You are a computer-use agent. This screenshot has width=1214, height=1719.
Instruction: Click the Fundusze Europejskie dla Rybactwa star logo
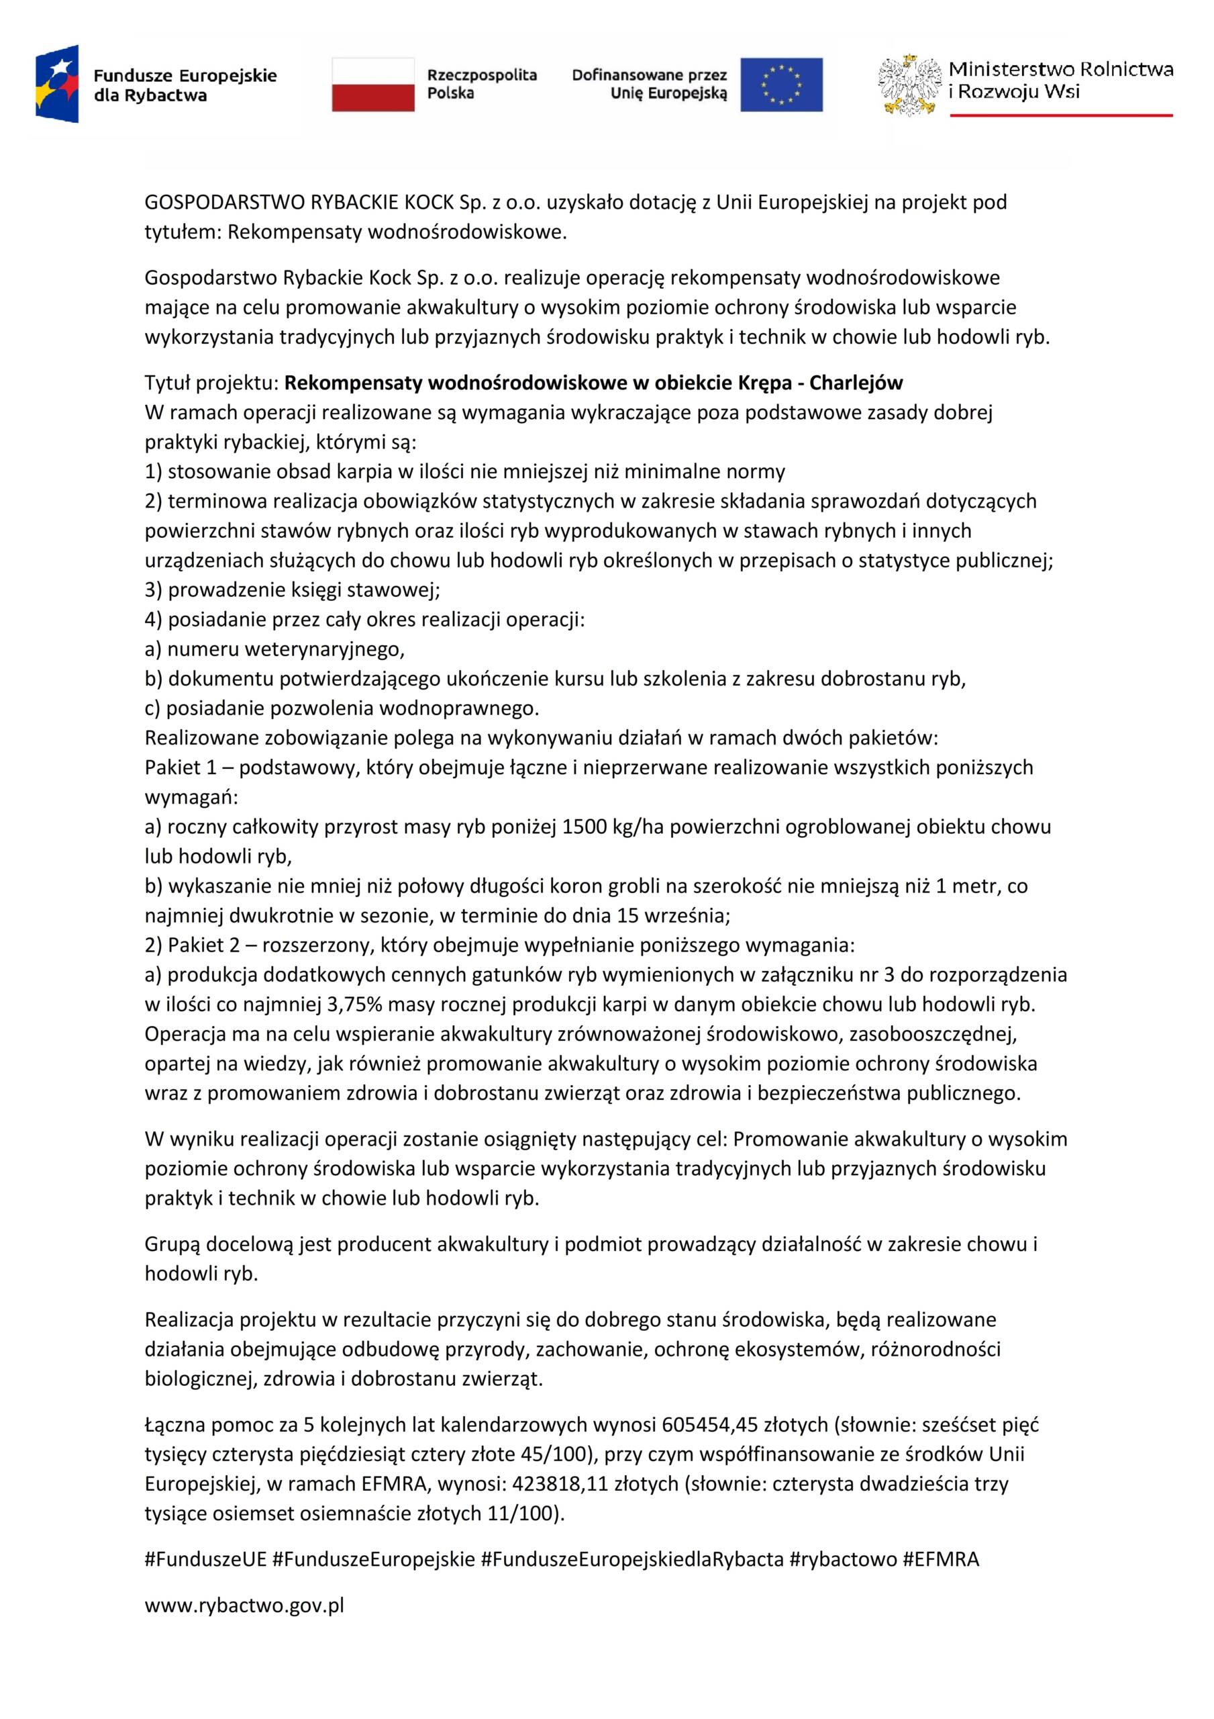57,83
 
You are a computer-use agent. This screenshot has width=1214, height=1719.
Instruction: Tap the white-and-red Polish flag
372,85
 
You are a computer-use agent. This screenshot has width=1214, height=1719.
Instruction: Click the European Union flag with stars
780,85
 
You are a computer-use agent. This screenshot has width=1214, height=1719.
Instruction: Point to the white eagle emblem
909,85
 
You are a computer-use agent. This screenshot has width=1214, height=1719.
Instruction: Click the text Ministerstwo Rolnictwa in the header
1060,70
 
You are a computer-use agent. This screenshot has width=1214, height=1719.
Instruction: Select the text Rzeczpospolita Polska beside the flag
481,84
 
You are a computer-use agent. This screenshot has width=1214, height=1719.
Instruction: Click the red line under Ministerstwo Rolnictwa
1060,115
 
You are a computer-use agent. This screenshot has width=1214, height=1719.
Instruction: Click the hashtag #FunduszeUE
206,1560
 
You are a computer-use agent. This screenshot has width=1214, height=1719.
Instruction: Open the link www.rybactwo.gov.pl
244,1606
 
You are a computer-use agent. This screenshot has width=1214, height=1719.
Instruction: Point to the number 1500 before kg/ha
584,827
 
